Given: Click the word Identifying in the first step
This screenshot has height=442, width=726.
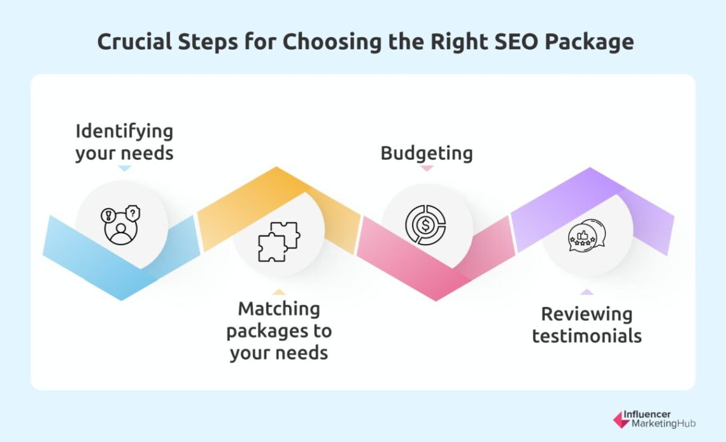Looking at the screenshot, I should [124, 132].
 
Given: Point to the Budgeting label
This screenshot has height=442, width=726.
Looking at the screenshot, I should [427, 153].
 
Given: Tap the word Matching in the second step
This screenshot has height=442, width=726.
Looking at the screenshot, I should [279, 310].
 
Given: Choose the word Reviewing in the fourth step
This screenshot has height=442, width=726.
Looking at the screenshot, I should [587, 314].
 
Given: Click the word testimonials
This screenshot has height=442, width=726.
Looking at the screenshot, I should [587, 336].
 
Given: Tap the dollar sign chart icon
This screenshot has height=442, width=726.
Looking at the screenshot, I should [425, 225].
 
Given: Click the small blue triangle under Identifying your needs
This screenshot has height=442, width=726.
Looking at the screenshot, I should [125, 169].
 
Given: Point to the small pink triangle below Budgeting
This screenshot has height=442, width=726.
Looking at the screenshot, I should [427, 169].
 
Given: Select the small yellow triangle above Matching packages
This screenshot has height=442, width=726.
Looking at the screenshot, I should [279, 292].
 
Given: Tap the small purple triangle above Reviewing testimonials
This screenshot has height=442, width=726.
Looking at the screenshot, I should [587, 292].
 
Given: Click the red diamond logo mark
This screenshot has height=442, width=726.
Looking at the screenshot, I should [620, 420].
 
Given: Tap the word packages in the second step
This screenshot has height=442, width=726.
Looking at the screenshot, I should [279, 331].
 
